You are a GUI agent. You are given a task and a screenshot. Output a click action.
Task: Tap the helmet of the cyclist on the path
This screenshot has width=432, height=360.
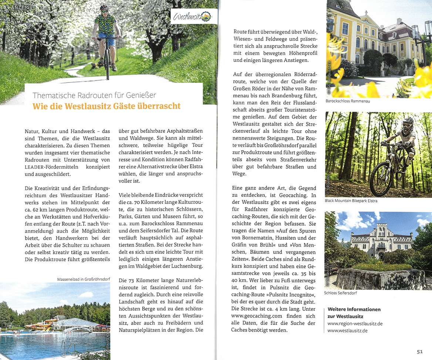(105, 8)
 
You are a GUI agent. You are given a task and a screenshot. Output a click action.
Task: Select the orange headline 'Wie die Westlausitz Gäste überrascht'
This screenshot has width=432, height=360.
(107, 106)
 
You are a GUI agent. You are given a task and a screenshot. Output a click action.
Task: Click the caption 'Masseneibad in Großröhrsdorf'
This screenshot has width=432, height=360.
(83, 279)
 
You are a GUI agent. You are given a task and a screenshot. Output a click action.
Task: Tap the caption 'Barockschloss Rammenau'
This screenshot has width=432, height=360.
(348, 101)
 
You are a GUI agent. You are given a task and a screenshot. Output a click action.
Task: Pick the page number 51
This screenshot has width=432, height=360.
(419, 351)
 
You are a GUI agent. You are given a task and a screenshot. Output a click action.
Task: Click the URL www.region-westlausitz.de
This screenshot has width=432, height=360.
(355, 323)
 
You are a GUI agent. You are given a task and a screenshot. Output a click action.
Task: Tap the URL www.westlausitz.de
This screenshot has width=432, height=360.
(347, 330)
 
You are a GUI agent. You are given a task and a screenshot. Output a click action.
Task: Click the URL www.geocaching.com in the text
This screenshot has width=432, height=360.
(257, 316)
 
